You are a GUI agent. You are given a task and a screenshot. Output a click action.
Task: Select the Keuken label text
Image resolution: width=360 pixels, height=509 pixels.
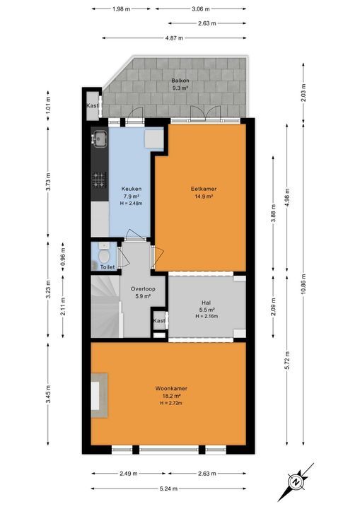131,189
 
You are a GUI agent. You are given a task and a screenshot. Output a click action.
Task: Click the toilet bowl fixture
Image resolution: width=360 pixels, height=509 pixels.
104,255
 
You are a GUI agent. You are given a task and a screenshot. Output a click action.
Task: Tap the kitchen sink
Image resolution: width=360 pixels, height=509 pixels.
98,139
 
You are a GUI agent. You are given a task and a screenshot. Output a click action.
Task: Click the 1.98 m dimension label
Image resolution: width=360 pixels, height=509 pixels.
122,9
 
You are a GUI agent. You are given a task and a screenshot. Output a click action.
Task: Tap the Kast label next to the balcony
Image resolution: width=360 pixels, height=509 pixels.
92,106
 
